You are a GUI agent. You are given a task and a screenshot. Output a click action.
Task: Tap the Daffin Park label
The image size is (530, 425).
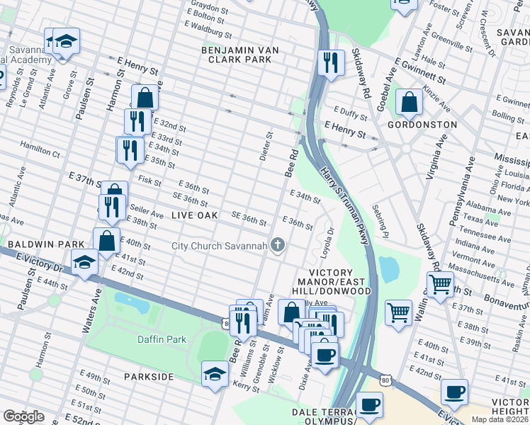(162, 339)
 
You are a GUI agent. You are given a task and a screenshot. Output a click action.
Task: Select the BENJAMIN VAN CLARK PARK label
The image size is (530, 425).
(240, 55)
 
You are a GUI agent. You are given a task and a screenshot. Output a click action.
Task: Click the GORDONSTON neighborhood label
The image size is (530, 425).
(422, 124)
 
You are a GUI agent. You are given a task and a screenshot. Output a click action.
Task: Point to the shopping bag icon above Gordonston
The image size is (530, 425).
(410, 102)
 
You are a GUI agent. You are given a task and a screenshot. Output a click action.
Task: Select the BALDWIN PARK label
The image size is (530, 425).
(43, 244)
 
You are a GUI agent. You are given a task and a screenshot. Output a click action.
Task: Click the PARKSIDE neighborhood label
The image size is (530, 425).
(148, 376)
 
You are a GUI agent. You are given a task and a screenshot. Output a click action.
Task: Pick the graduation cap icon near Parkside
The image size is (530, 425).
(215, 374)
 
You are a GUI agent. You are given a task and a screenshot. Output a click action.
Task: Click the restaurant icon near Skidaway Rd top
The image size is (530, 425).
(330, 62)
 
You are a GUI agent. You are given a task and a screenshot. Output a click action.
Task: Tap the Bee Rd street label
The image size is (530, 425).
(291, 163)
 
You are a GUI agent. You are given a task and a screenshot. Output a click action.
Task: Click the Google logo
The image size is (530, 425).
(23, 416)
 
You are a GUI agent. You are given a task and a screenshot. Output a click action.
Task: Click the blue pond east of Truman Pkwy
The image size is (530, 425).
(388, 269)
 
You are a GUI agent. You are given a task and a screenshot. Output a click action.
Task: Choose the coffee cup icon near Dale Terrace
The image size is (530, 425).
(369, 405)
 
